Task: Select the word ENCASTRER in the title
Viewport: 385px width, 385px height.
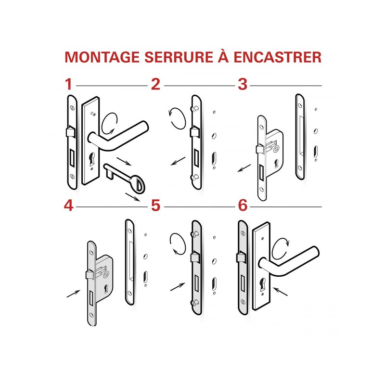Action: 278,56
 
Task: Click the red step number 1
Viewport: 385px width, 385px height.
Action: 69,85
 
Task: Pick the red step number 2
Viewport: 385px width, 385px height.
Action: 155,85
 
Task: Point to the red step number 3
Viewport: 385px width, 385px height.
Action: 242,85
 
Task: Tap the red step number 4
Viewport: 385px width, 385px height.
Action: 69,205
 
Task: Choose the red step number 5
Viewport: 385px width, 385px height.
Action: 155,205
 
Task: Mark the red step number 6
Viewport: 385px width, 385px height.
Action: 242,205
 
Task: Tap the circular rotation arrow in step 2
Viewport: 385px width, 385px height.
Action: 176,118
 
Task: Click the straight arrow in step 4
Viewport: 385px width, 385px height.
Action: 73,293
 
